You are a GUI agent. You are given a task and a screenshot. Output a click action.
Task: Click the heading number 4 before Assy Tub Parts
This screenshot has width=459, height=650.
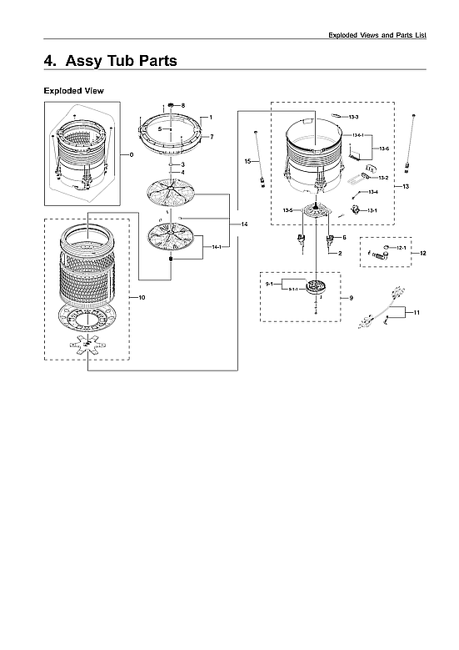point(48,61)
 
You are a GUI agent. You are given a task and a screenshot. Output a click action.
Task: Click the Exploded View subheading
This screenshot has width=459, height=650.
point(73,90)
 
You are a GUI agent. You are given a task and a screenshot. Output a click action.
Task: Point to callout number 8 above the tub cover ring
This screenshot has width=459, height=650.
point(183,105)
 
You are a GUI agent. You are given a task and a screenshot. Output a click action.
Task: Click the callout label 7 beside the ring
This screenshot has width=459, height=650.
point(212,136)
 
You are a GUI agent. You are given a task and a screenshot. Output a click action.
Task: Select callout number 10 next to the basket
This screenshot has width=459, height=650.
point(142,298)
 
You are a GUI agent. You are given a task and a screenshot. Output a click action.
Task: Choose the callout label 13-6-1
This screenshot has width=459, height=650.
point(357,135)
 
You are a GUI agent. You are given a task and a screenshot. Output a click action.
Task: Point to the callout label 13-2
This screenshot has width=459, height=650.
point(383,178)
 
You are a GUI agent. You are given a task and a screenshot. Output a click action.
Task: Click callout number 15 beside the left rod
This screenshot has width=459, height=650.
point(247,159)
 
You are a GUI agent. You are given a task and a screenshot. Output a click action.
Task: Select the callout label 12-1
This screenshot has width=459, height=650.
point(400,248)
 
